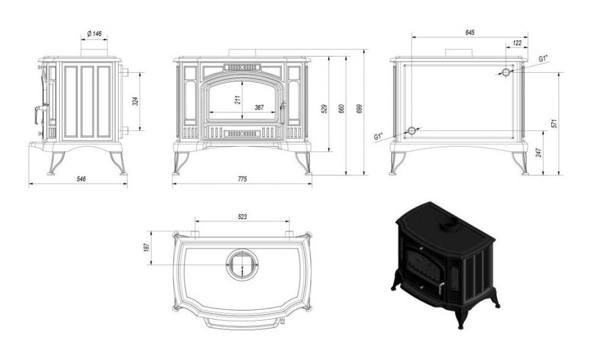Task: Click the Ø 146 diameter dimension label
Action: pos(94,34)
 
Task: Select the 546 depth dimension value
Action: pos(81,178)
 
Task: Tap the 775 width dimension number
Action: pos(243,178)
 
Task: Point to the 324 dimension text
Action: pos(136,101)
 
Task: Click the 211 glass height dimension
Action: pos(237,100)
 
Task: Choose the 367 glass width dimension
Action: pos(259,108)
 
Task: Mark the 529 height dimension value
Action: pos(325,109)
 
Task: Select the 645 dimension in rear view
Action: pos(470,32)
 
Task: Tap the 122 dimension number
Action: pos(517,43)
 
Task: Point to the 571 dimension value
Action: pos(554,123)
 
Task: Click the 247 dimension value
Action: pos(539,152)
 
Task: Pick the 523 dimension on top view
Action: pos(243,217)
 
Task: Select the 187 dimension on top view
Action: pos(147,248)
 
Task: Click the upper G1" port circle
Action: pos(506,72)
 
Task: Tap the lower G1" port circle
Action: pos(411,131)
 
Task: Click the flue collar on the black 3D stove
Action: pos(449,226)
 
